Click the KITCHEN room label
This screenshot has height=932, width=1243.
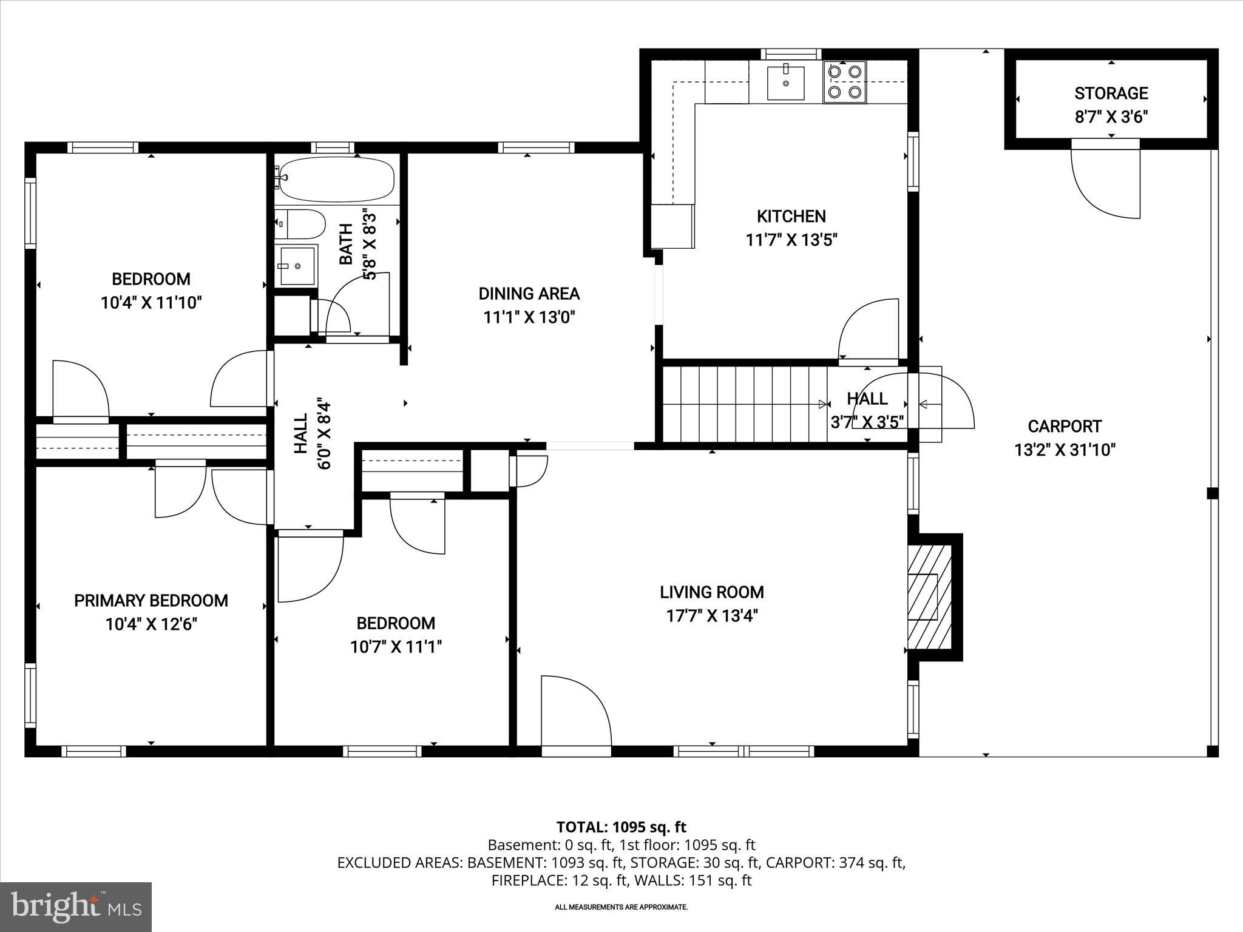click(x=791, y=216)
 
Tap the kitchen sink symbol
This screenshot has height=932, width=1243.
click(x=785, y=83)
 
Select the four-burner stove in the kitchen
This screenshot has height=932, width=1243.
click(x=844, y=82)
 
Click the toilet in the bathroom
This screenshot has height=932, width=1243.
click(x=300, y=225)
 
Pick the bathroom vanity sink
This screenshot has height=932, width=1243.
click(x=297, y=266)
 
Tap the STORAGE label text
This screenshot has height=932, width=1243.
click(x=1111, y=93)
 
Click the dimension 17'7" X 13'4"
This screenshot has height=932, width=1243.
click(x=712, y=616)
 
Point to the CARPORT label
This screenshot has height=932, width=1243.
click(x=1065, y=427)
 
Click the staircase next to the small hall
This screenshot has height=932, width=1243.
click(x=743, y=405)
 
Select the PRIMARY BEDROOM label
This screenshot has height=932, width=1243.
click(x=151, y=601)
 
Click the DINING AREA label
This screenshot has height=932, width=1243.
click(x=529, y=294)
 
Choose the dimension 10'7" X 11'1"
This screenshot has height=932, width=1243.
click(x=396, y=647)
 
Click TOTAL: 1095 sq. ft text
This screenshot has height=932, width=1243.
click(x=621, y=827)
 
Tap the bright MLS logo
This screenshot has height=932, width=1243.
click(x=76, y=907)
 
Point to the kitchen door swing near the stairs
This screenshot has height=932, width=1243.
click(x=868, y=331)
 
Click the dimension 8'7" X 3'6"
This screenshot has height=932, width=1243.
click(x=1111, y=116)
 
